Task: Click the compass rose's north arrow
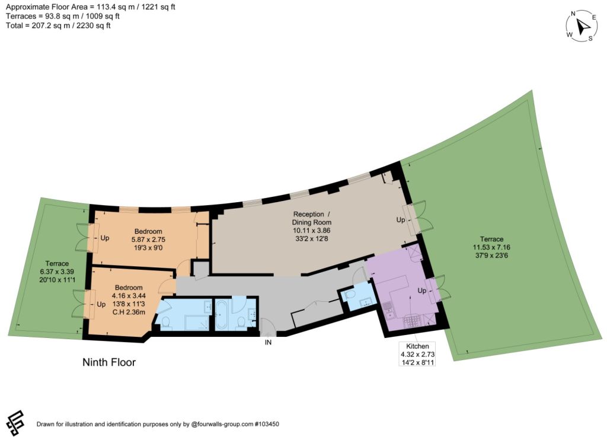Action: [583, 27]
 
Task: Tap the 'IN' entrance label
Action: [268, 343]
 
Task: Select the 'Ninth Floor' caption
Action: [109, 362]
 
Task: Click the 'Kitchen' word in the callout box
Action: [417, 346]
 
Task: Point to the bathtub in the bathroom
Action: [223, 315]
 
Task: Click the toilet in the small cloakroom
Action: [350, 295]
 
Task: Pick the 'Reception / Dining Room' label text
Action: [312, 218]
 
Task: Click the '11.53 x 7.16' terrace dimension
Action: [491, 247]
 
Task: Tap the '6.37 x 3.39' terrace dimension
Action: [56, 272]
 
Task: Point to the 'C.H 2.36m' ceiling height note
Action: [129, 312]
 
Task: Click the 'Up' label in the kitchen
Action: [421, 291]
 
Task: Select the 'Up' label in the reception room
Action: [401, 220]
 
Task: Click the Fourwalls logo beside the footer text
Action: [15, 423]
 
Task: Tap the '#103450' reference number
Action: [267, 424]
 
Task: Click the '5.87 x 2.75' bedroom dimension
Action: [148, 240]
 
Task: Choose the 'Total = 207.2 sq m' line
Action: [58, 25]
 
